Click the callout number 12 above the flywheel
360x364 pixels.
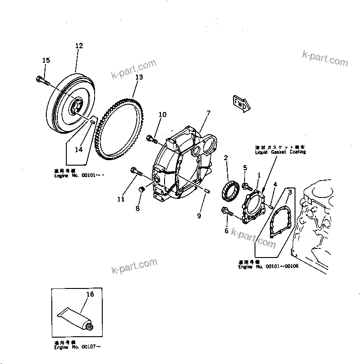tap(79, 45)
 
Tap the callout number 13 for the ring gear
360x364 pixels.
tap(139, 77)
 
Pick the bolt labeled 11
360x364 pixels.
tap(136, 172)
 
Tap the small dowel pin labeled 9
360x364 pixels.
tap(205, 190)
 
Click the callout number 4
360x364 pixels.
tap(275, 184)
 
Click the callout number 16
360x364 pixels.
tap(90, 294)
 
